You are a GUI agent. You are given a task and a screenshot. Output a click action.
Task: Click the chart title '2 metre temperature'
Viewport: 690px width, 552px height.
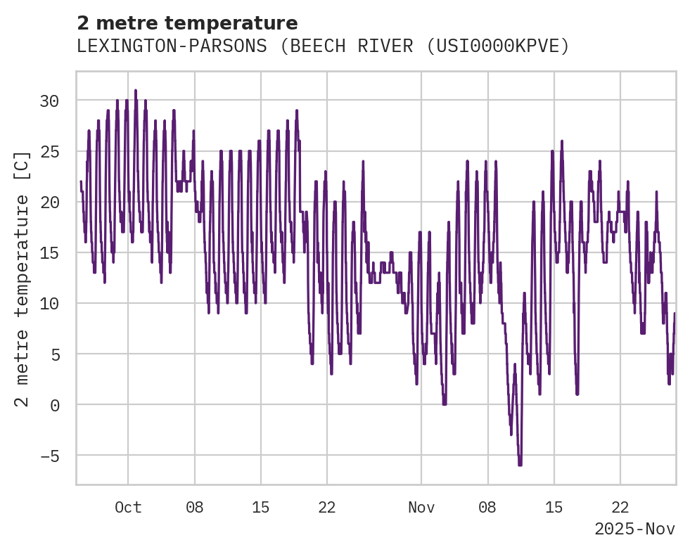coord(187,23)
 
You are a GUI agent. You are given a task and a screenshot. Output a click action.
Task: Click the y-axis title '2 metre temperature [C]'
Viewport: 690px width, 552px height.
coord(23,279)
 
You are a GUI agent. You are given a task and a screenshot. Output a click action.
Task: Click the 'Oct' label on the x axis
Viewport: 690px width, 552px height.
coord(128,507)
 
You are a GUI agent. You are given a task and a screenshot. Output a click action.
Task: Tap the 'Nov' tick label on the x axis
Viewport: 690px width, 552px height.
coord(421,507)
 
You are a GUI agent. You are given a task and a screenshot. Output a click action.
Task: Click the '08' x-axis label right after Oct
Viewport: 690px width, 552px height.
coord(195,507)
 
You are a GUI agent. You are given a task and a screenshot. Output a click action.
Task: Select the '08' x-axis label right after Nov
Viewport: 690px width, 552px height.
coord(487,507)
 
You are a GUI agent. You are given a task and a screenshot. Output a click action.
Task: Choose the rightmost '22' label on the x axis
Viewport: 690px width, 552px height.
coord(620,507)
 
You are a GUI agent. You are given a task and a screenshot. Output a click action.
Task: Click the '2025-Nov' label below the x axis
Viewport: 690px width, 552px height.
coord(634,529)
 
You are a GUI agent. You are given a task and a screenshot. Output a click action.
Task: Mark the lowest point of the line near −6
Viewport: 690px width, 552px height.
coord(520,465)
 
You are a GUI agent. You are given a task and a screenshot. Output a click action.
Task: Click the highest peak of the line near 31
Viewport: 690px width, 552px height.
coord(136,91)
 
